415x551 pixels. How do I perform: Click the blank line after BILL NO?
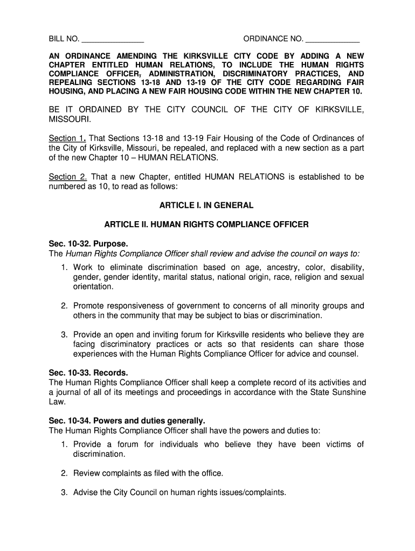click(x=113, y=40)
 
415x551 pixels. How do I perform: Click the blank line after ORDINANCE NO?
click(x=333, y=40)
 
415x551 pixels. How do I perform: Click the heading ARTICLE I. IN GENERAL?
click(x=206, y=206)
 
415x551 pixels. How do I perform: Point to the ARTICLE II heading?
click(x=206, y=224)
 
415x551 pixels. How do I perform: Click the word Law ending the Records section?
click(x=57, y=401)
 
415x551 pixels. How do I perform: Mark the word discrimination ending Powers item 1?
click(x=99, y=454)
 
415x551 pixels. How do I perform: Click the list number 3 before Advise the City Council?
click(x=64, y=492)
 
